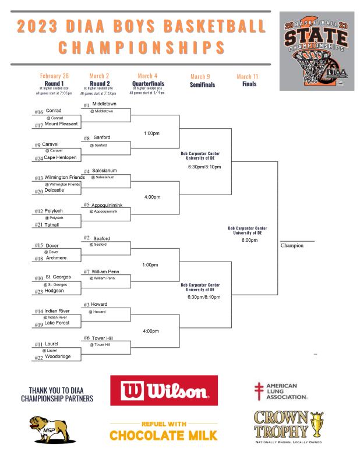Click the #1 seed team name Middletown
point(104,104)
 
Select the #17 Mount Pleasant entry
point(61,124)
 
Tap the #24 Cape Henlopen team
point(60,157)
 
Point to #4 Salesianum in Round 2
point(104,171)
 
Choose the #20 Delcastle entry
point(54,190)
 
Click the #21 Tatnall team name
point(51,225)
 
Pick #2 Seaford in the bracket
point(101,238)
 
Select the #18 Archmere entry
point(56,258)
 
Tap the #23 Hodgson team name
point(54,291)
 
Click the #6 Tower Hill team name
point(103,338)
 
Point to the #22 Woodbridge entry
point(58,356)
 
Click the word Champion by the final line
point(292,245)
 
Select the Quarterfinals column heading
point(148,84)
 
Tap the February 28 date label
point(54,76)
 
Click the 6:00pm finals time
point(249,240)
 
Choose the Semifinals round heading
point(203,84)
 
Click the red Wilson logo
point(164,390)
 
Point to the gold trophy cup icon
point(317,424)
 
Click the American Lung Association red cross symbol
point(259,391)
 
